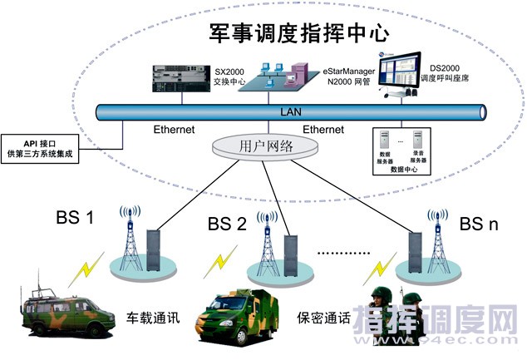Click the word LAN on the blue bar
point(288,111)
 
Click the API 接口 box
point(42,149)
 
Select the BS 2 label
point(227,224)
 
